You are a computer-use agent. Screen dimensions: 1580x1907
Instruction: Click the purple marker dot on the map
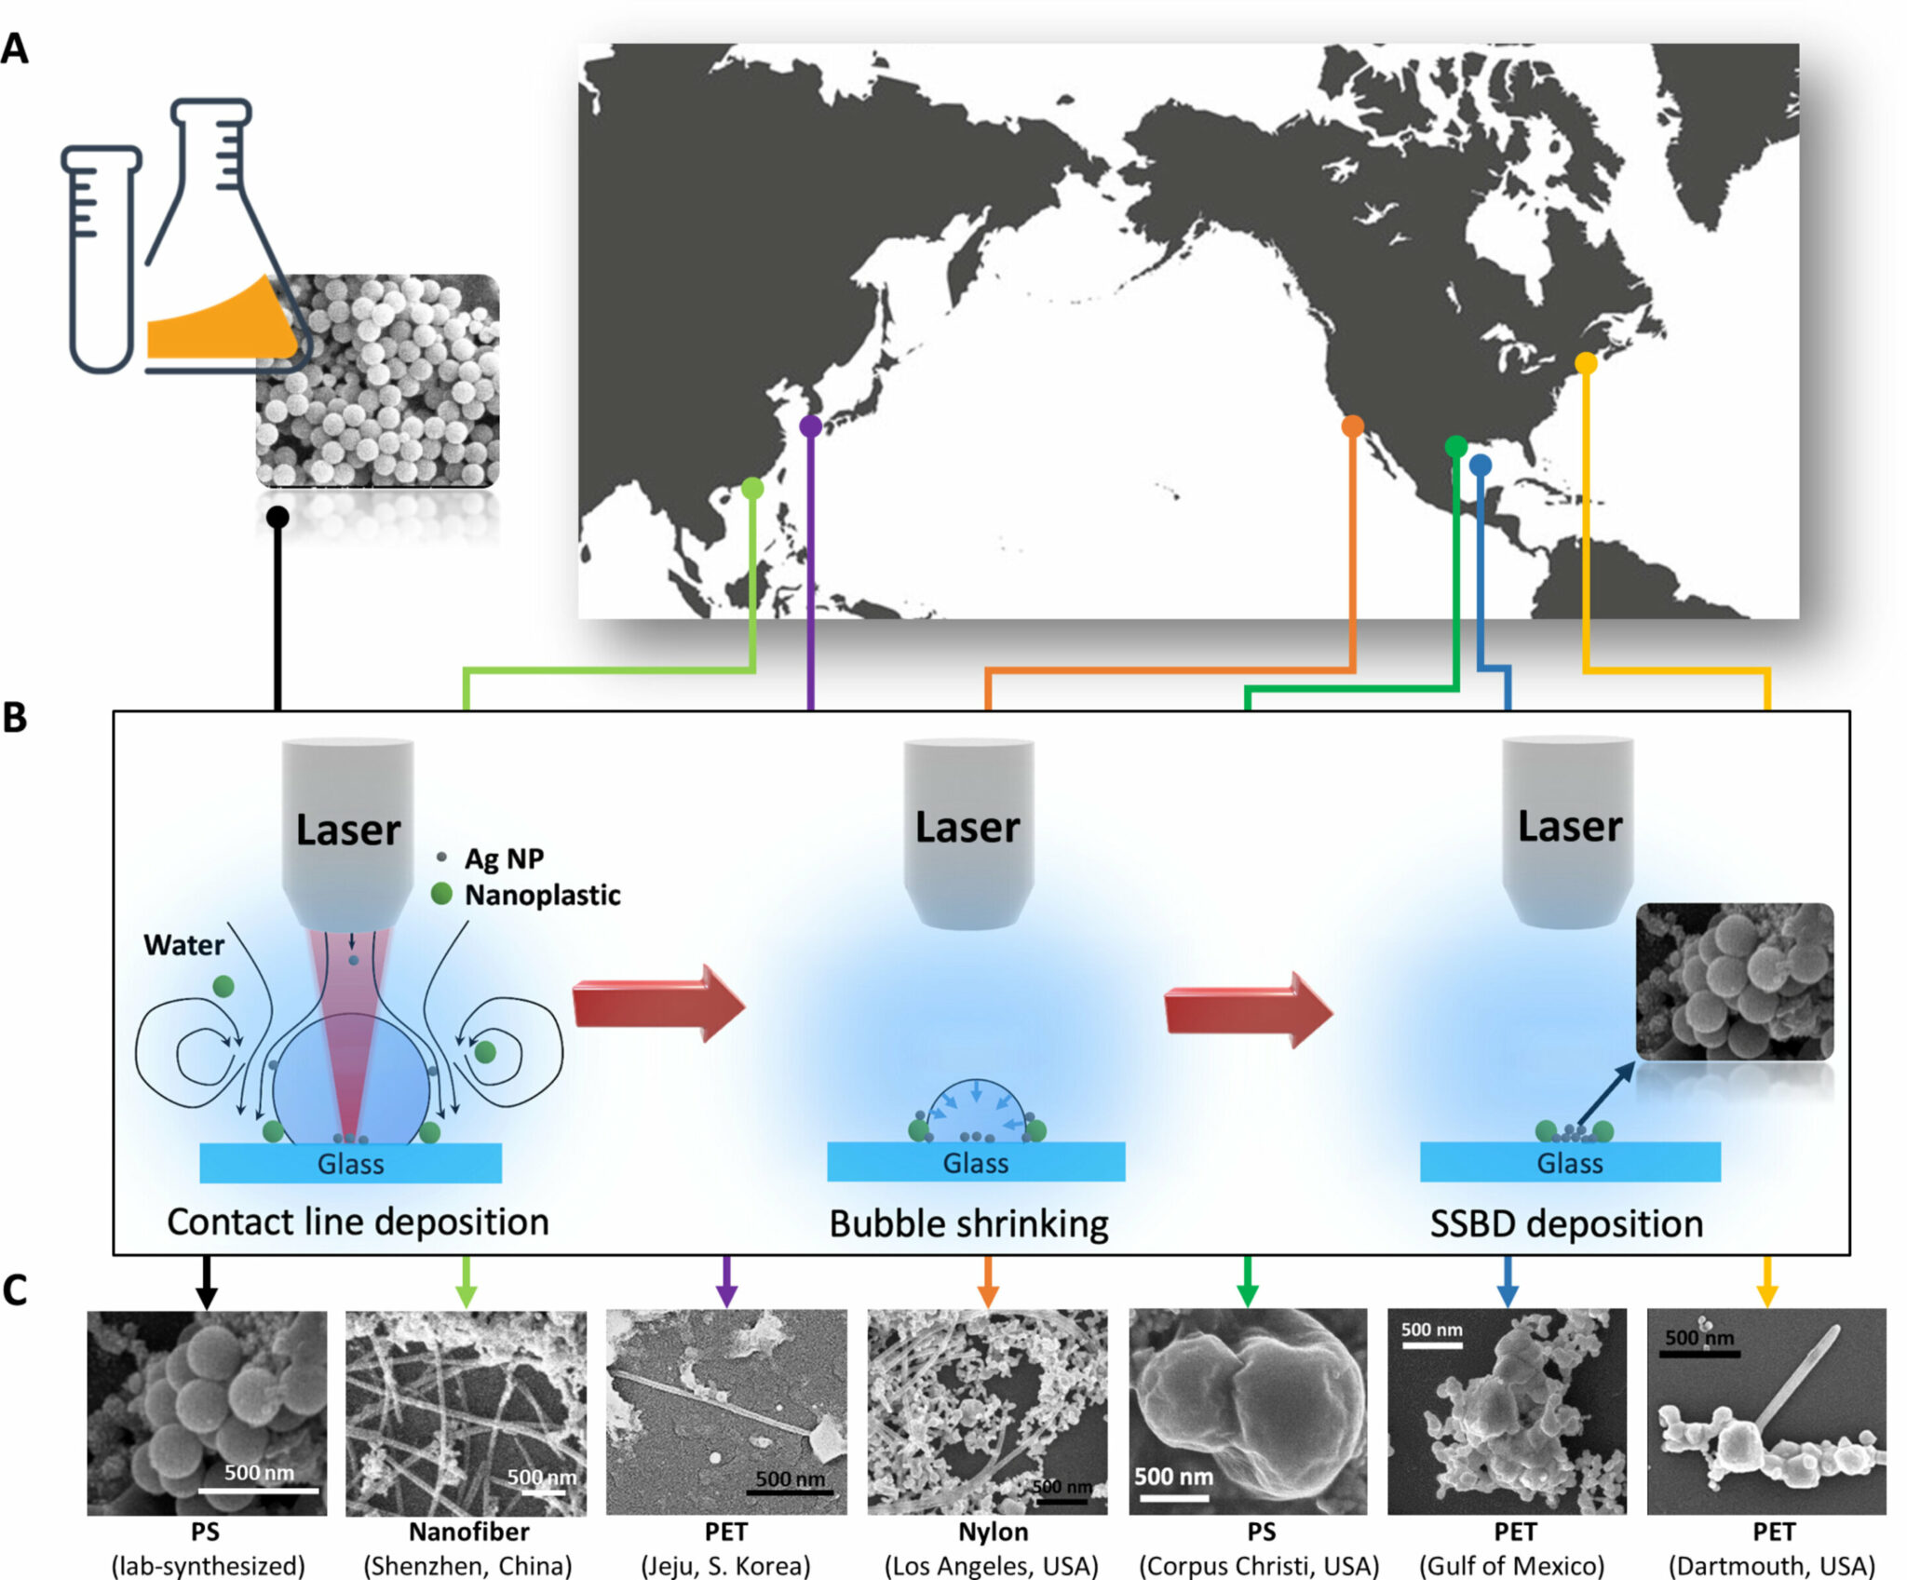810,425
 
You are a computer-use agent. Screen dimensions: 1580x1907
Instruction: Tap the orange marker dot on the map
1352,426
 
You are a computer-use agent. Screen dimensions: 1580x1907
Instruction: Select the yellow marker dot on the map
1586,363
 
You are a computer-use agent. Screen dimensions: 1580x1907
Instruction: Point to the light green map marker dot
752,488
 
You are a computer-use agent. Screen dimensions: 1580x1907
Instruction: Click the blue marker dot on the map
1481,465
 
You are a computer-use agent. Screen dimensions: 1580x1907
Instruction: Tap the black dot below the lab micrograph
277,517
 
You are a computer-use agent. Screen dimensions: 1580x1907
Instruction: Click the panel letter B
15,718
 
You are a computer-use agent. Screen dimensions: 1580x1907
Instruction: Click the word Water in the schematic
183,945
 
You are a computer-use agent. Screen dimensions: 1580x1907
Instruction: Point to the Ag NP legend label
504,858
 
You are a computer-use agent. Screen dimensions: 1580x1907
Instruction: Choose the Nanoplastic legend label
542,895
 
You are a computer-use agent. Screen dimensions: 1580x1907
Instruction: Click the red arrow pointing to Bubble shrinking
657,1004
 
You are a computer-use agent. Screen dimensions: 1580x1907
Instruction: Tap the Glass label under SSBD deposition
1569,1163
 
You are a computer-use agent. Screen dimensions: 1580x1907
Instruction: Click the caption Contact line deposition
358,1222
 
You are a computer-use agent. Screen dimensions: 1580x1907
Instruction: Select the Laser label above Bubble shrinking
967,827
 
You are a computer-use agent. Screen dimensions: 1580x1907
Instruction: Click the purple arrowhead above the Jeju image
726,1293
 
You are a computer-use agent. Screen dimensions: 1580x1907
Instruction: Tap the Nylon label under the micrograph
993,1532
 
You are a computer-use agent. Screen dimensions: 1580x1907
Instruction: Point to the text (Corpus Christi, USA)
1258,1565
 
